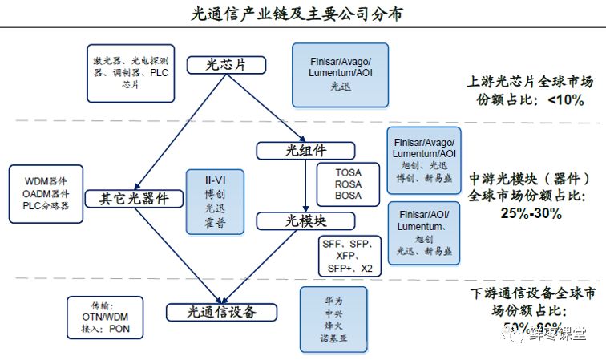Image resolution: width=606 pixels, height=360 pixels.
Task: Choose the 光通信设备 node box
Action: click(x=221, y=312)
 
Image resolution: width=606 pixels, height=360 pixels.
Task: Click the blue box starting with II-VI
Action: click(x=209, y=201)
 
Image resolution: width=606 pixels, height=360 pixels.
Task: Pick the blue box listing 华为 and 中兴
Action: click(x=327, y=321)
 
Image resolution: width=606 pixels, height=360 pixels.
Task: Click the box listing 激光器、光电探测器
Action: click(x=129, y=73)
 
